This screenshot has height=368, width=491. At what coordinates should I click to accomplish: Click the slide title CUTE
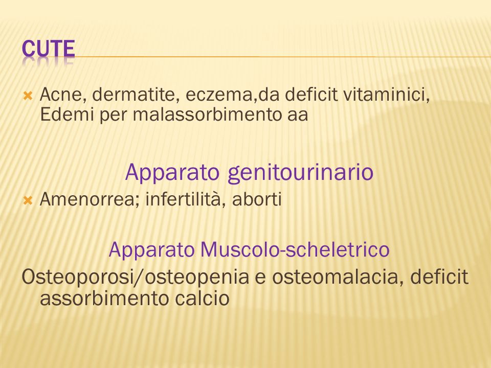point(48,49)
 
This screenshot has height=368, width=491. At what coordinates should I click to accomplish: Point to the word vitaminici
point(387,94)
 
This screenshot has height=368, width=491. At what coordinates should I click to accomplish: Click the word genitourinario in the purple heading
point(300,173)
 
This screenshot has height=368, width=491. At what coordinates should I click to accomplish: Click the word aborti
point(257,199)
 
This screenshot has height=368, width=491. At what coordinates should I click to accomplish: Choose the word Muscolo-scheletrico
point(295,249)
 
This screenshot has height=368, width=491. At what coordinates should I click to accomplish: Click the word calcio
point(202,298)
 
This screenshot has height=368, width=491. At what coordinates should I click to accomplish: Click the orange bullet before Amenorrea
point(28,200)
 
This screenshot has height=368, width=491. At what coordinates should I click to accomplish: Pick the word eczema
point(219,95)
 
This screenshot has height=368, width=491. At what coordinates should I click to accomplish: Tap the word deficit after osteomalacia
point(439,277)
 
